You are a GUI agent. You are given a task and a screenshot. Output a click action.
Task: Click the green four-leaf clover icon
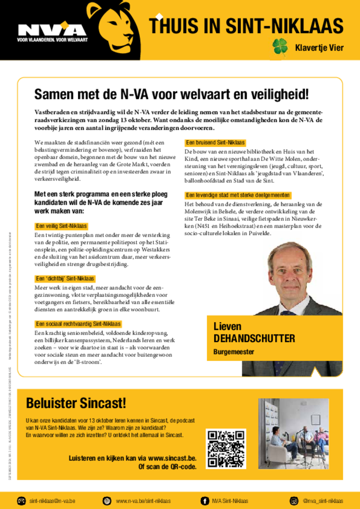click(x=280, y=46)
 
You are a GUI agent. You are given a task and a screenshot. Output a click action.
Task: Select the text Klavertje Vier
click(x=319, y=48)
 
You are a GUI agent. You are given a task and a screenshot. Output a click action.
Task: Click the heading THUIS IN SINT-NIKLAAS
click(x=247, y=25)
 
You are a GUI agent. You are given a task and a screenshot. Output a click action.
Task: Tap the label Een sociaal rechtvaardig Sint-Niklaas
click(x=78, y=324)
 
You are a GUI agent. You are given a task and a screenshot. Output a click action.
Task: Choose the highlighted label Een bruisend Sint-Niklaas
click(x=215, y=143)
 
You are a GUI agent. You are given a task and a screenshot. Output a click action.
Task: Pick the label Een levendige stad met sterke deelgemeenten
click(x=238, y=195)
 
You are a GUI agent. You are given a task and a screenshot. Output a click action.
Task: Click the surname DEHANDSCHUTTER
click(x=254, y=339)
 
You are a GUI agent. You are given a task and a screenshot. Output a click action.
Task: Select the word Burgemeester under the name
click(x=234, y=352)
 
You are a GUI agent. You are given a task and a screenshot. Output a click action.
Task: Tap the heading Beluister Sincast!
click(x=76, y=403)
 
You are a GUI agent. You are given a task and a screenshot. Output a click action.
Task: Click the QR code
click(x=226, y=448)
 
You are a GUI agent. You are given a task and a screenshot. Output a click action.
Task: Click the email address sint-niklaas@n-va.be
click(x=52, y=501)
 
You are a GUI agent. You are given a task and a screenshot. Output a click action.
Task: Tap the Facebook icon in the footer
click(x=205, y=501)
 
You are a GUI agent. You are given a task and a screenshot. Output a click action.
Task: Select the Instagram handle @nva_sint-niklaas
click(x=323, y=501)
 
